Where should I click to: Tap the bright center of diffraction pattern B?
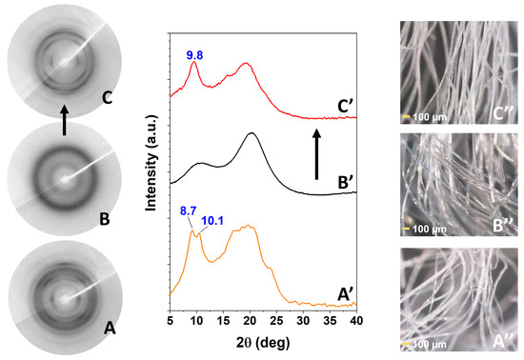63,178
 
